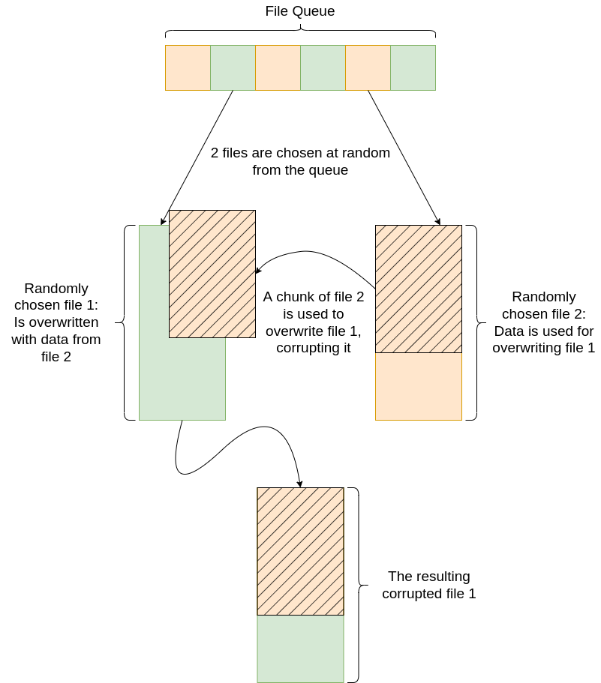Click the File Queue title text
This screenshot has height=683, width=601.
[x=300, y=11]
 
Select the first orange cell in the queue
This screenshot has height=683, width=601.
[x=188, y=67]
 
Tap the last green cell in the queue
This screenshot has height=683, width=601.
[x=413, y=67]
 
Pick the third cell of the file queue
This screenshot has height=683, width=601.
[x=278, y=67]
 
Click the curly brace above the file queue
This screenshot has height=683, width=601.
[x=300, y=31]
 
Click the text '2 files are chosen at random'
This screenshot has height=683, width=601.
[x=300, y=153]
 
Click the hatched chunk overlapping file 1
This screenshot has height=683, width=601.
[x=212, y=274]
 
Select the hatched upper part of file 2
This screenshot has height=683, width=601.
[x=419, y=289]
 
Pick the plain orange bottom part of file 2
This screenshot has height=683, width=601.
[x=419, y=386]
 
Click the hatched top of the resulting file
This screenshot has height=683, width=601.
[x=300, y=551]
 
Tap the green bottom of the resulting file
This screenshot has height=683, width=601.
[x=300, y=649]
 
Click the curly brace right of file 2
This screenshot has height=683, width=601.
[x=473, y=322]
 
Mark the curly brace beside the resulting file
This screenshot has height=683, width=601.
[x=356, y=585]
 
